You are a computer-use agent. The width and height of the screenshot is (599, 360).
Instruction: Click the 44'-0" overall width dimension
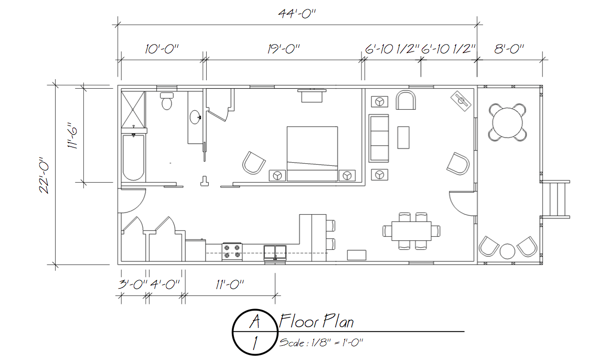tap(297, 14)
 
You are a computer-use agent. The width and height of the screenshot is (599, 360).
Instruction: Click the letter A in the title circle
tap(254, 321)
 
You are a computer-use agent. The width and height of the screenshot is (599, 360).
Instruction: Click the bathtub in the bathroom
tap(134, 158)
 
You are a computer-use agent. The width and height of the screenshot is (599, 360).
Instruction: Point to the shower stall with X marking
tap(134, 109)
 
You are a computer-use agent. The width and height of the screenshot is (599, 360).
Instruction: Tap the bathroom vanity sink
tap(195, 117)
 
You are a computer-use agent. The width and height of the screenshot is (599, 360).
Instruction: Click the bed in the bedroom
tap(312, 153)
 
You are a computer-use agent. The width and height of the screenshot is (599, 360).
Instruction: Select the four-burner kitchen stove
tap(232, 251)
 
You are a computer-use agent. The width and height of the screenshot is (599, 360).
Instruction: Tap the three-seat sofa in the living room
tap(379, 138)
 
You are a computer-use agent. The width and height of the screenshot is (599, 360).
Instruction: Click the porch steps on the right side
tap(556, 199)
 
